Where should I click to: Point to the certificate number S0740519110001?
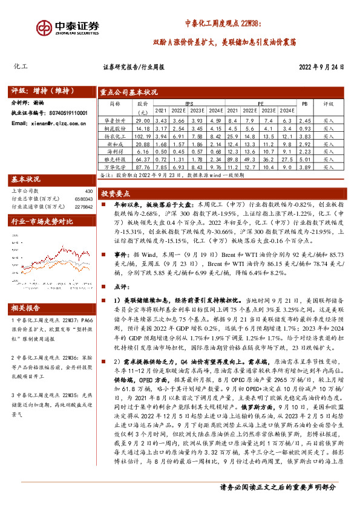[66, 113]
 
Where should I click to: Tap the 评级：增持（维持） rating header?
[42, 91]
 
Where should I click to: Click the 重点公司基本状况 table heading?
[129, 92]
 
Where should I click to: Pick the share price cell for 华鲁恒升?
[143, 122]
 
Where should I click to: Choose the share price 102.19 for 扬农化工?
[143, 137]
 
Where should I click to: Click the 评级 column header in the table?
[329, 103]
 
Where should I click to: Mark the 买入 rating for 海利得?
[329, 151]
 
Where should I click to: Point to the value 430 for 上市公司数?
[89, 191]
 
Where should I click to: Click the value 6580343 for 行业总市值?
[84, 198]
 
